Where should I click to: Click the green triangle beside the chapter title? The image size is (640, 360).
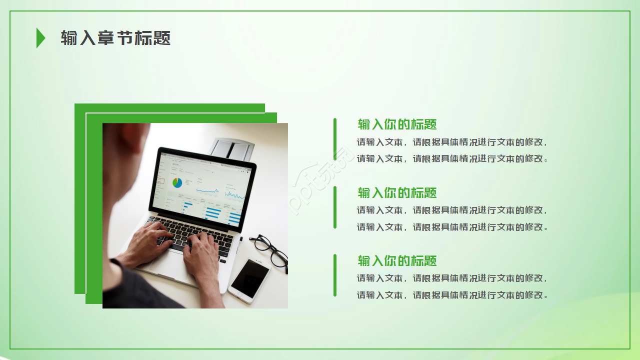click(40, 38)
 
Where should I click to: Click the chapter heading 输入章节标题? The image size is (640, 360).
click(115, 38)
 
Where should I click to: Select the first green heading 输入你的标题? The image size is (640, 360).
click(397, 124)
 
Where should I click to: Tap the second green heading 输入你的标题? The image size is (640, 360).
click(397, 192)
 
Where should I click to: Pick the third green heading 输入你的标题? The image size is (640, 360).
click(397, 260)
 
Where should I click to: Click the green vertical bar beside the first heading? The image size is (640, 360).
click(335, 139)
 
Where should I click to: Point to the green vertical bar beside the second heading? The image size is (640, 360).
click(335, 207)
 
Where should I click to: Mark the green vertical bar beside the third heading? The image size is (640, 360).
click(335, 275)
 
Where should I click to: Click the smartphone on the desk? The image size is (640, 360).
click(249, 280)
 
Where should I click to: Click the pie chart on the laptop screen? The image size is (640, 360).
click(177, 183)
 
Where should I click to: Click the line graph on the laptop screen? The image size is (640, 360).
click(207, 190)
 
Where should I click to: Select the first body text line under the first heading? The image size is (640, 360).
click(451, 142)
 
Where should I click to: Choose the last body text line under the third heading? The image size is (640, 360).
click(451, 295)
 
